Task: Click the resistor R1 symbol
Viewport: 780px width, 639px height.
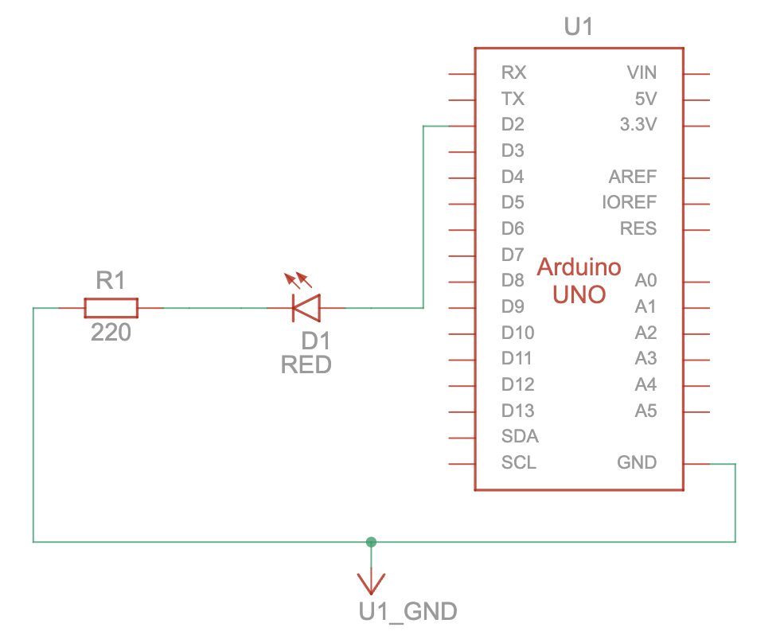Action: pyautogui.click(x=111, y=307)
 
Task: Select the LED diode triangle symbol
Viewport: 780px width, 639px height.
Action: pyautogui.click(x=306, y=307)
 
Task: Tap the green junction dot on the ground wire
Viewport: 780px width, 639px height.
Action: pyautogui.click(x=370, y=542)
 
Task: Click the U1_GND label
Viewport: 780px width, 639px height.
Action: pyautogui.click(x=408, y=612)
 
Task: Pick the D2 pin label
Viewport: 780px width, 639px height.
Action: pyautogui.click(x=513, y=125)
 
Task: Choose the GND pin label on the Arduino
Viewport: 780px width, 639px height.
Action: pyautogui.click(x=637, y=462)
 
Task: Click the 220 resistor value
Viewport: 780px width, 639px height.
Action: pyautogui.click(x=111, y=333)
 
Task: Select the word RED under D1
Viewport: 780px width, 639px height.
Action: pyautogui.click(x=306, y=365)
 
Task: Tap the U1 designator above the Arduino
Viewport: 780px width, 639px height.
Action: pyautogui.click(x=579, y=28)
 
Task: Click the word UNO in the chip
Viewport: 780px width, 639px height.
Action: pyautogui.click(x=579, y=294)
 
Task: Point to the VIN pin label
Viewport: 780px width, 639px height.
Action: pyautogui.click(x=642, y=73)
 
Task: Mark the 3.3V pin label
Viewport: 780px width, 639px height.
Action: pyautogui.click(x=638, y=125)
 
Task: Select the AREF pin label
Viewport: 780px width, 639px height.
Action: pyautogui.click(x=633, y=177)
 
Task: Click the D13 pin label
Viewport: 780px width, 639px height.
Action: pyautogui.click(x=517, y=411)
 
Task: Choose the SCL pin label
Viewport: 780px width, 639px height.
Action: pyautogui.click(x=518, y=462)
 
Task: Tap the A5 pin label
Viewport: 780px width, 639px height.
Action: pyautogui.click(x=645, y=411)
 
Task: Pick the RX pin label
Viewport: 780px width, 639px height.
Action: pyautogui.click(x=513, y=73)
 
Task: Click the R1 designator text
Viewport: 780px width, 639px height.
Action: pyautogui.click(x=111, y=280)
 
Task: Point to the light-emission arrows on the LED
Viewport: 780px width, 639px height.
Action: pyautogui.click(x=298, y=280)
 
